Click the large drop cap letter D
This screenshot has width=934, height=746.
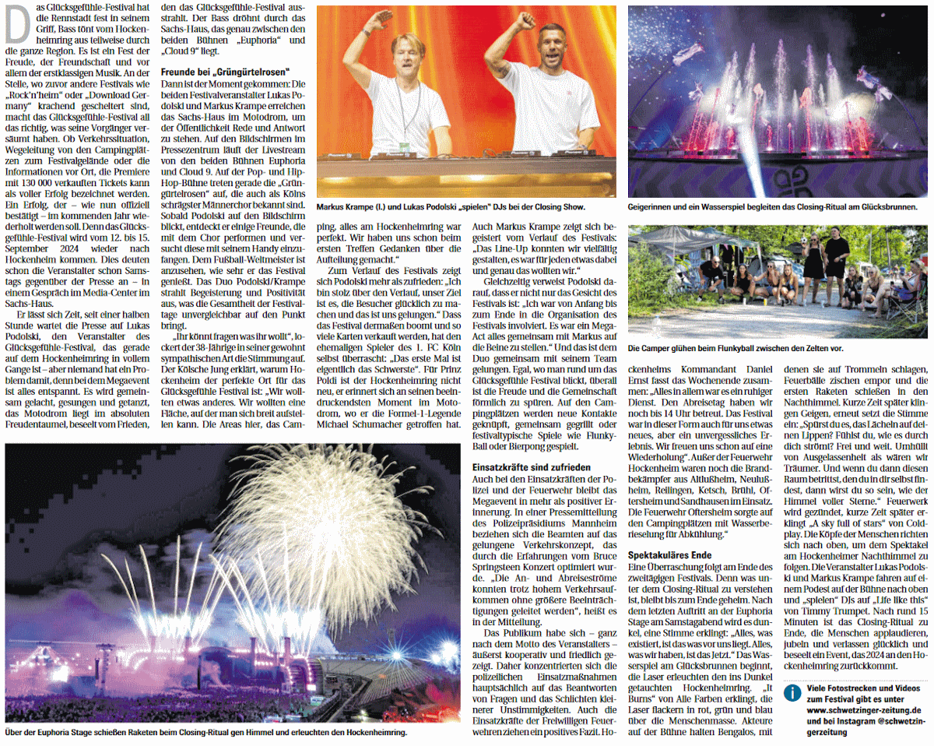[x=18, y=28]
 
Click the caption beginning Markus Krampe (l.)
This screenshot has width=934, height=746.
[x=451, y=208]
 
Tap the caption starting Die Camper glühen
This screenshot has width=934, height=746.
[x=735, y=348]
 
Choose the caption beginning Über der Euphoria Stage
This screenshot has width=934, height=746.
[x=205, y=733]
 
